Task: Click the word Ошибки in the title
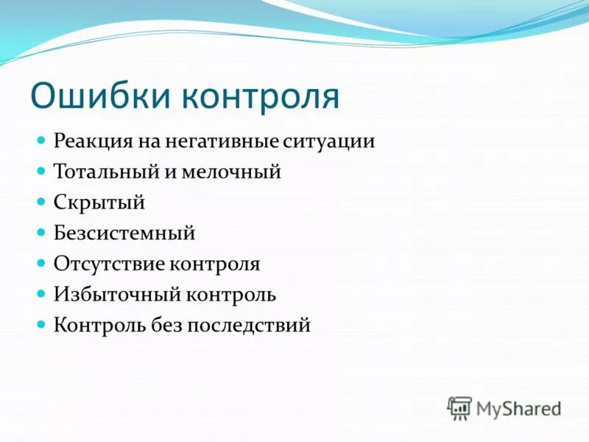(x=96, y=97)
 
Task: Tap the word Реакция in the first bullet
(x=92, y=141)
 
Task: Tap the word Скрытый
(x=99, y=203)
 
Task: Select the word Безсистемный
(x=124, y=234)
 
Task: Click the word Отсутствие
(x=109, y=264)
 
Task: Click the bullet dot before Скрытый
(x=42, y=200)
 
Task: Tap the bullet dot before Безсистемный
(x=42, y=231)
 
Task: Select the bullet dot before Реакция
(x=42, y=139)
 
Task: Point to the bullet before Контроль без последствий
(x=42, y=323)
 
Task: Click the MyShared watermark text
(x=518, y=407)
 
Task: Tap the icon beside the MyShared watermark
(x=459, y=407)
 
